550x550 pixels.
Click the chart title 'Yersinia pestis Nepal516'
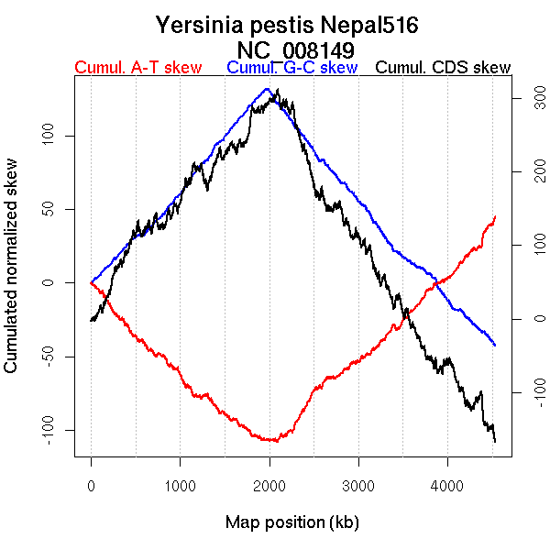tap(287, 25)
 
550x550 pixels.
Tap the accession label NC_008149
tap(296, 49)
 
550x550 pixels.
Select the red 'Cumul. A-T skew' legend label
tap(137, 68)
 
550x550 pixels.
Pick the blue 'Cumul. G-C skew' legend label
tap(291, 68)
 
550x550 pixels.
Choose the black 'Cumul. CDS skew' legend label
tap(444, 68)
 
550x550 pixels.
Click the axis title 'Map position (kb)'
tap(291, 523)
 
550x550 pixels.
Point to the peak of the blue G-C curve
tap(267, 89)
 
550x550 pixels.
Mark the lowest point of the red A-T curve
tap(273, 441)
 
